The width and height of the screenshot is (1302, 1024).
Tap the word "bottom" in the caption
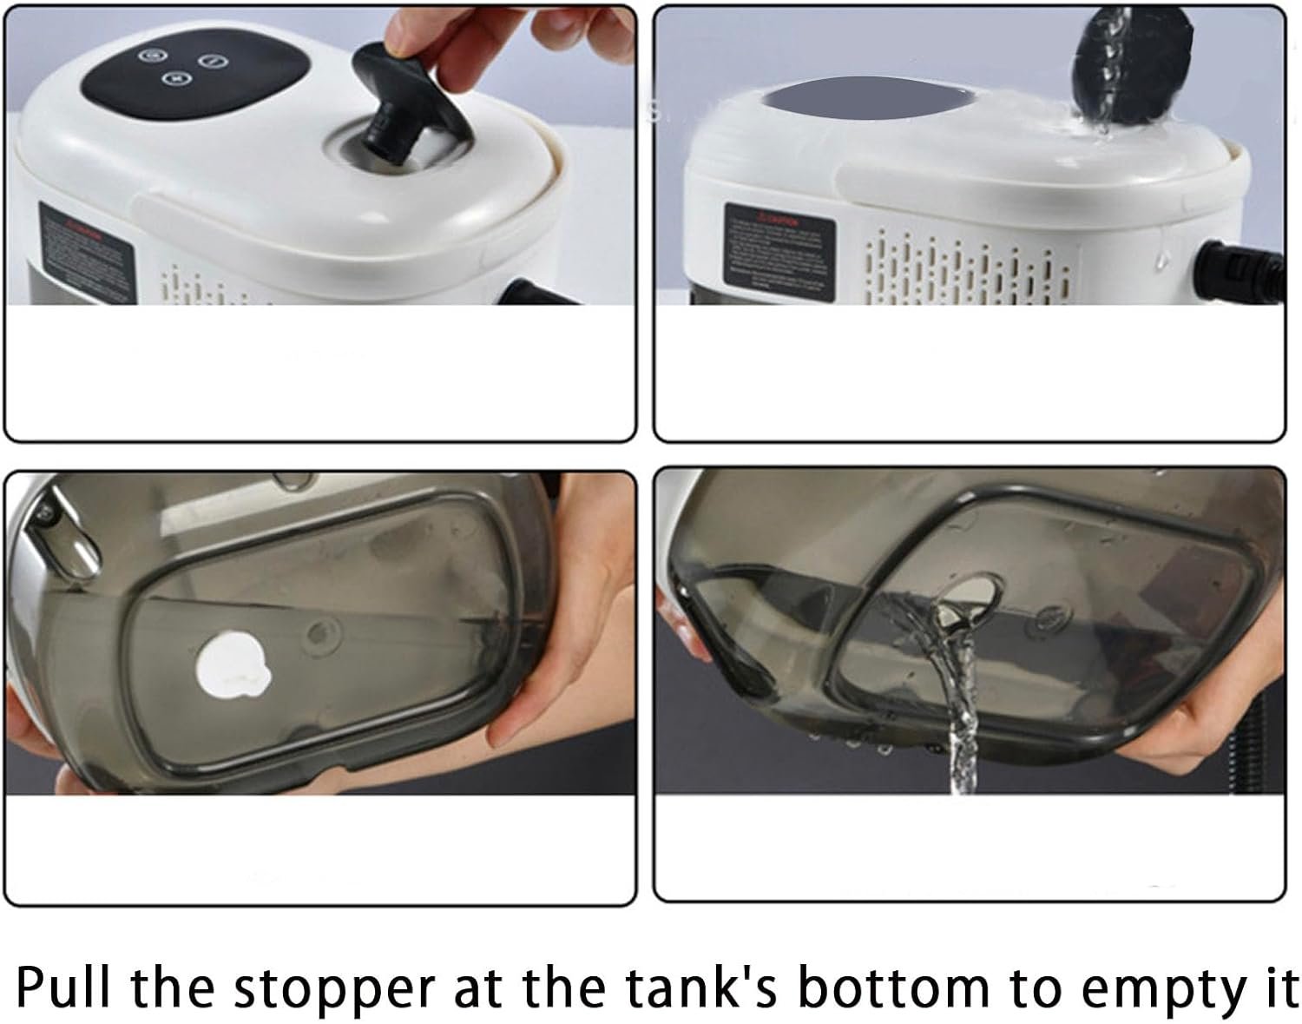click(x=893, y=989)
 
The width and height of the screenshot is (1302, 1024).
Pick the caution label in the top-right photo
click(x=779, y=247)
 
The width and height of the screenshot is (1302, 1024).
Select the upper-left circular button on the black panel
click(x=153, y=55)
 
